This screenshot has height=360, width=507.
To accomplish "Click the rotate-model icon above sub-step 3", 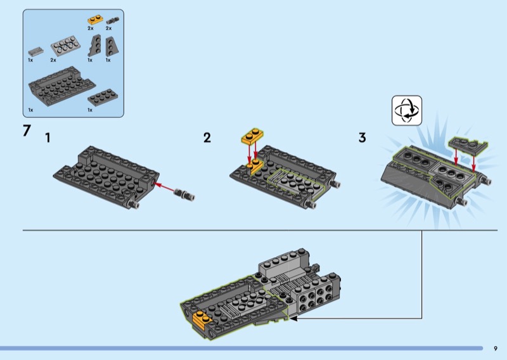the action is [x=407, y=110].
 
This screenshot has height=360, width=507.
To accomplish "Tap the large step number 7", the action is [x=27, y=131].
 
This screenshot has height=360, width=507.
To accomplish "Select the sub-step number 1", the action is [x=48, y=138].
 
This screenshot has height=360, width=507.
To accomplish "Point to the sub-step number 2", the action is [x=207, y=138].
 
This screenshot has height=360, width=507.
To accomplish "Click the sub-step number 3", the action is [x=362, y=138].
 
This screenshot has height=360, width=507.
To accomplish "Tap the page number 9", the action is [x=496, y=349].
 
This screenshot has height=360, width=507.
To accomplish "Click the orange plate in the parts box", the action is [x=95, y=20].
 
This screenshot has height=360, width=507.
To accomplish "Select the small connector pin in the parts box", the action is [x=112, y=21].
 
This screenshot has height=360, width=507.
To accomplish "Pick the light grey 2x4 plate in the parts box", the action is [x=65, y=46].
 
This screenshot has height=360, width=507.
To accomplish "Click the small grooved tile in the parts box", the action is [x=35, y=51].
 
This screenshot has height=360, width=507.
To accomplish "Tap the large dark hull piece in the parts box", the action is [x=61, y=86].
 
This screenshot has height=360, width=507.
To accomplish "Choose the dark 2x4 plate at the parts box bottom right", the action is [x=103, y=97].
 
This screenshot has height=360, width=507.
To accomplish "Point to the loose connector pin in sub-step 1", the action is [x=184, y=195].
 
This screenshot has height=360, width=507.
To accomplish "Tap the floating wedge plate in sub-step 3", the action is [x=468, y=145].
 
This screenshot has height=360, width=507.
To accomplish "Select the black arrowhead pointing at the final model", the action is [x=293, y=319].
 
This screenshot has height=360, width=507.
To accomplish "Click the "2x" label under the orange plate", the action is [x=91, y=28].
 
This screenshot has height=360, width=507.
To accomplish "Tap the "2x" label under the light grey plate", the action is [x=53, y=60].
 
